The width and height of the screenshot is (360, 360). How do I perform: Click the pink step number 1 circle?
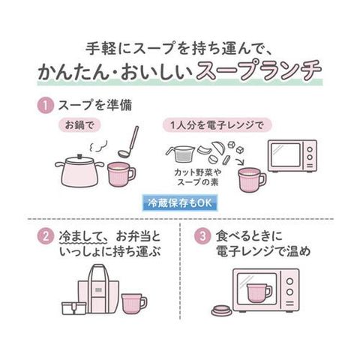(46, 106)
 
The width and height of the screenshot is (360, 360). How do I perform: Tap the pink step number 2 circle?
(46, 236)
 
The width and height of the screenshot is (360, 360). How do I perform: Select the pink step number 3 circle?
(202, 236)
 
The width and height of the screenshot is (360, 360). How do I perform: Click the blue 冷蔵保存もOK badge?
(180, 203)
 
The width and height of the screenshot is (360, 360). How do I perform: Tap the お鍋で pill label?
(79, 125)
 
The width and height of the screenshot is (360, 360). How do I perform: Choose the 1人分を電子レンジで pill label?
(217, 125)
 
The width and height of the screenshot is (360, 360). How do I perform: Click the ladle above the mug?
(128, 142)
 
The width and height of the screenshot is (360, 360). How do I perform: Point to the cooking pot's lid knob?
(79, 156)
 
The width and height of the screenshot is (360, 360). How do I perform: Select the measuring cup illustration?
(180, 154)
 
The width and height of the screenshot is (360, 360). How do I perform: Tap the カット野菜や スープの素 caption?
(197, 177)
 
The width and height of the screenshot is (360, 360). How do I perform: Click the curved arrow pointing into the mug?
(241, 161)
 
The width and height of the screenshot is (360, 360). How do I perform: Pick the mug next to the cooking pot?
(121, 174)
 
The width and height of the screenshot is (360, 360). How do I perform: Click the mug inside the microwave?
(259, 292)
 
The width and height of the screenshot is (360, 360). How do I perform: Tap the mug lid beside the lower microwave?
(222, 310)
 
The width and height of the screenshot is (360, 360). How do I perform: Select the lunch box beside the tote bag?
(74, 308)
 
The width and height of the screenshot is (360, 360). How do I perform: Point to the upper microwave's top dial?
(310, 149)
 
